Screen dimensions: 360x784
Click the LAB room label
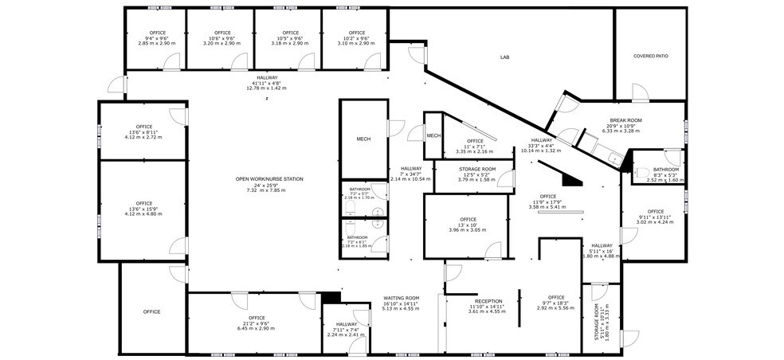[504, 57]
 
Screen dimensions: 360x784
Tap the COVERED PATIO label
[649, 57]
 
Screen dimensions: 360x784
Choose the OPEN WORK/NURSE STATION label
[269, 179]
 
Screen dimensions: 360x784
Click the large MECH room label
[363, 139]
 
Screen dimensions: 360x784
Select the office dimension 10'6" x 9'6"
[221, 38]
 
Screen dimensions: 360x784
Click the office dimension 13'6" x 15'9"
[143, 209]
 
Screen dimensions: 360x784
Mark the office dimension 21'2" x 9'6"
[256, 323]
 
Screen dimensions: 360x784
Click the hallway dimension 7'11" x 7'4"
[346, 330]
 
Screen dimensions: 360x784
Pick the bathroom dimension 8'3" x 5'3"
[665, 175]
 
